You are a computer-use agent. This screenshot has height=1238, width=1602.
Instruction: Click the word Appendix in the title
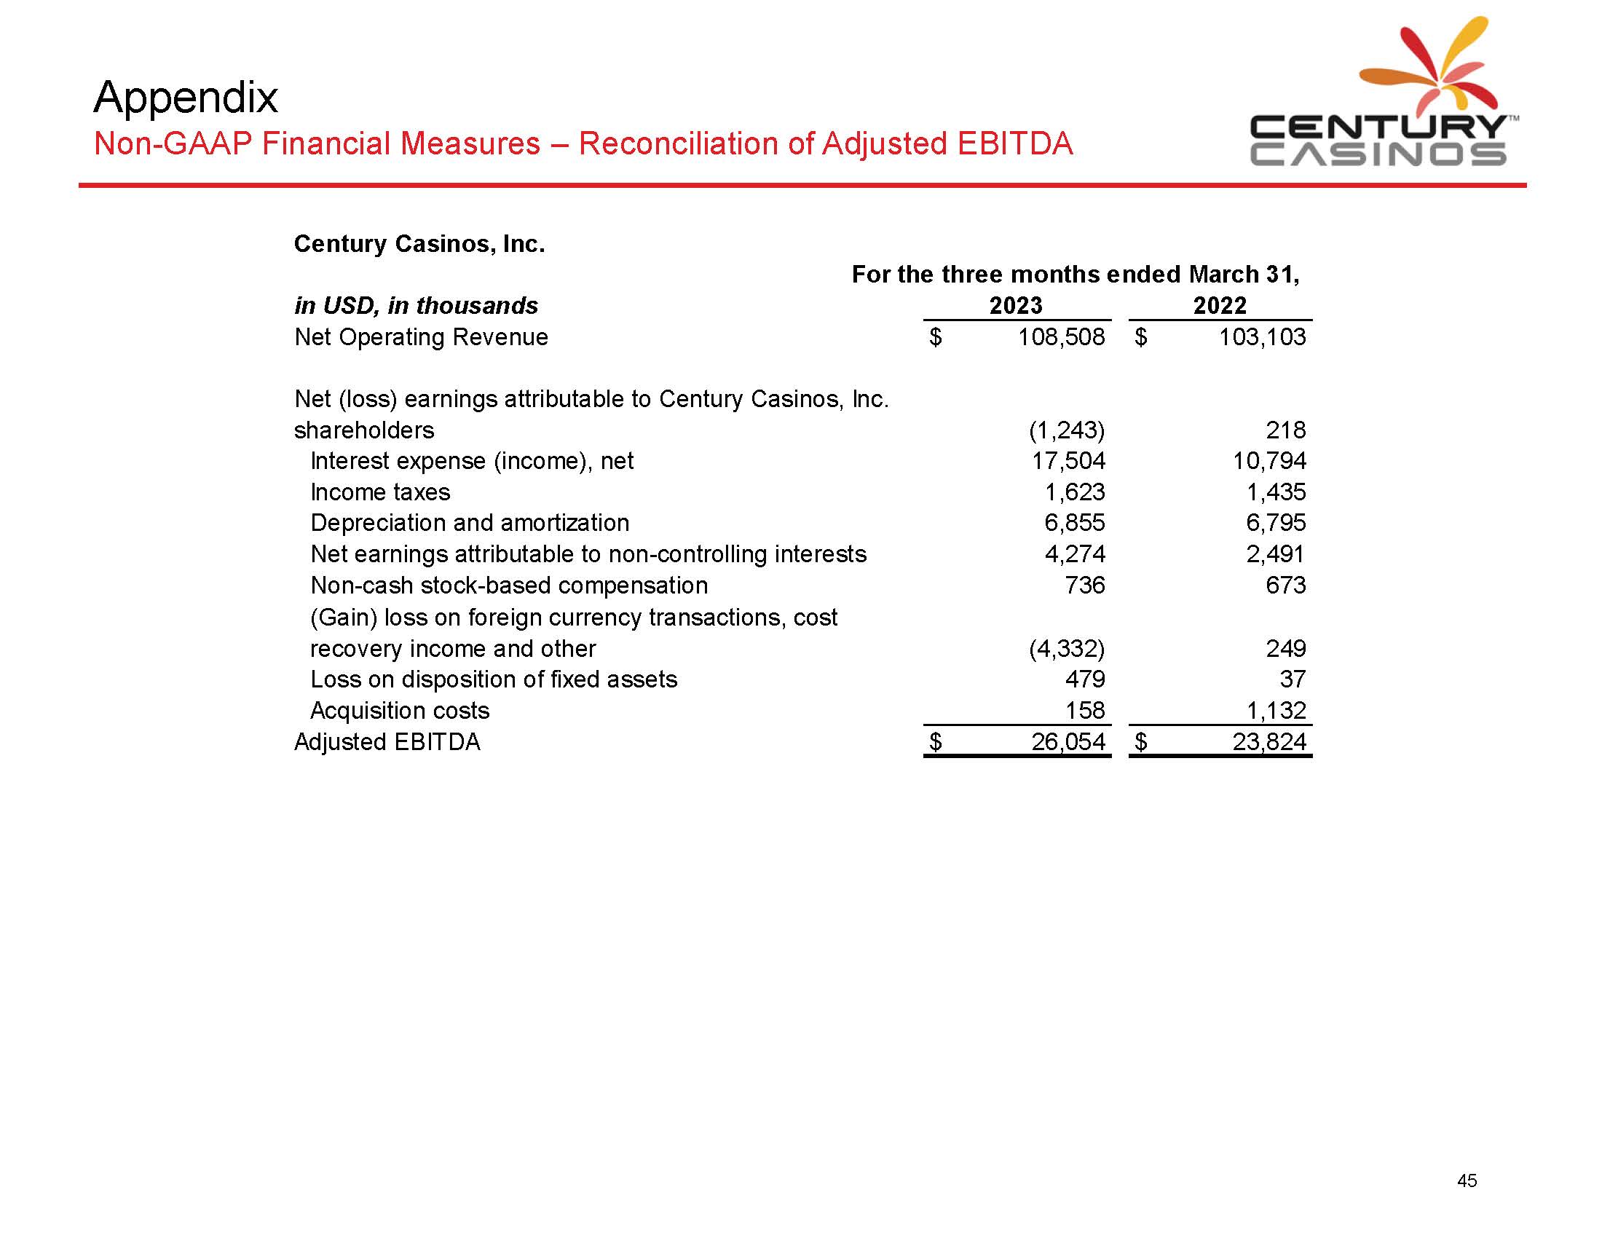coord(186,97)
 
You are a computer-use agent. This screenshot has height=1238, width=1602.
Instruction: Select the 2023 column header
coord(1015,305)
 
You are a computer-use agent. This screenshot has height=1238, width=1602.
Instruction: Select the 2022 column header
coord(1219,305)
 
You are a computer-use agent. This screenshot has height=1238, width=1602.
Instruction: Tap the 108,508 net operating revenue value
coord(1061,337)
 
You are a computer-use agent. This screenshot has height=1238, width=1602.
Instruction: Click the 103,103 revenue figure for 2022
coord(1262,337)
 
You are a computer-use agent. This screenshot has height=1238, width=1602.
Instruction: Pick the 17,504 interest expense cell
coord(1068,460)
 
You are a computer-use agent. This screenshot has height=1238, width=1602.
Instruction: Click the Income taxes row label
coord(380,492)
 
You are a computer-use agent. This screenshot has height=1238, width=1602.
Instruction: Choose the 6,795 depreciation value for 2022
coord(1276,523)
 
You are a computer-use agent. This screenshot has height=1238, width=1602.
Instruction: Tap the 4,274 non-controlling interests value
coord(1075,554)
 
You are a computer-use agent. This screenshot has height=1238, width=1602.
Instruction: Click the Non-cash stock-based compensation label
coord(509,586)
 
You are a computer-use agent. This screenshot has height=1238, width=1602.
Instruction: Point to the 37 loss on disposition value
coord(1293,679)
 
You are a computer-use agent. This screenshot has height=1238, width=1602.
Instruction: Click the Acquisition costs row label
coord(400,711)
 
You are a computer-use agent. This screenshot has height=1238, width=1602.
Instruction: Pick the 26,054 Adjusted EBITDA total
coord(1068,742)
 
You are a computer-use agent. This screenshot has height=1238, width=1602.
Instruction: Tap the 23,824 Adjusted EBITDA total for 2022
coord(1269,742)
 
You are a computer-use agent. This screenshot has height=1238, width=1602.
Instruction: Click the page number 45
coord(1467,1180)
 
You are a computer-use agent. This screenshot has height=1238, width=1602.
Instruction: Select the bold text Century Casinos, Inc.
coord(419,243)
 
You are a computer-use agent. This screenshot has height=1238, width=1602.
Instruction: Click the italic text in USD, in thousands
coord(416,305)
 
